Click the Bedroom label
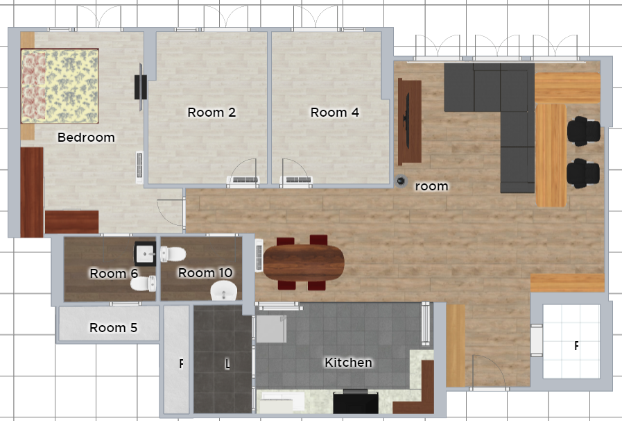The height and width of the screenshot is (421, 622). point(86,137)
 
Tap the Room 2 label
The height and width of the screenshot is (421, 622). point(211,113)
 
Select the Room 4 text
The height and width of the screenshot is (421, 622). point(334,113)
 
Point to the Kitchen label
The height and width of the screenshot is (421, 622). point(348,362)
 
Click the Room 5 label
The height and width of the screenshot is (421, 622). point(114,328)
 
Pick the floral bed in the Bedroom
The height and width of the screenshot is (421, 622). point(60,86)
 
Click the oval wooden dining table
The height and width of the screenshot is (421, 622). point(304,263)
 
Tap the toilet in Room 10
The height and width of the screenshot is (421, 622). point(173,254)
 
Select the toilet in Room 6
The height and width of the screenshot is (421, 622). point(144,283)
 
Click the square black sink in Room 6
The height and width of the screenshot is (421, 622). point(145,254)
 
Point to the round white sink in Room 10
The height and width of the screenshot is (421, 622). point(224,290)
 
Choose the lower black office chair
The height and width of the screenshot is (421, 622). point(583,173)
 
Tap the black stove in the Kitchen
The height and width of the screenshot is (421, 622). point(356,402)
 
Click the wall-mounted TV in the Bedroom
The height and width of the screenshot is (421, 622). point(140,87)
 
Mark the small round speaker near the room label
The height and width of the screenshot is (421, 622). point(401,181)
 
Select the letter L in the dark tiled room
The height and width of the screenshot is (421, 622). point(227,364)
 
